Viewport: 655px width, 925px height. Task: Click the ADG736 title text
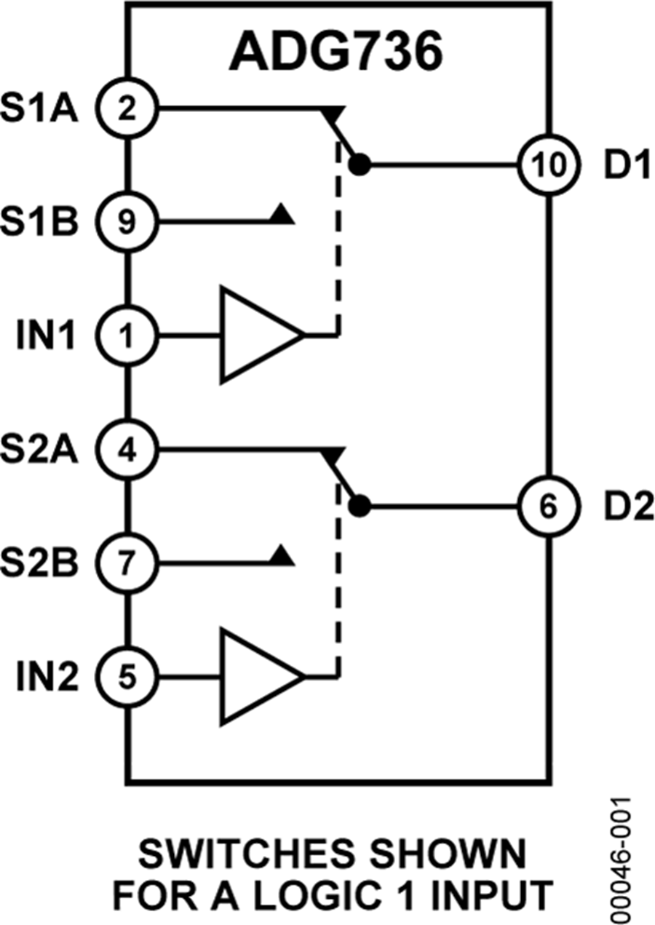pos(336,51)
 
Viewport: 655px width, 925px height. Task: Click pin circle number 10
pos(547,165)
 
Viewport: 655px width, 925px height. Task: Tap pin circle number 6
pos(547,506)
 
